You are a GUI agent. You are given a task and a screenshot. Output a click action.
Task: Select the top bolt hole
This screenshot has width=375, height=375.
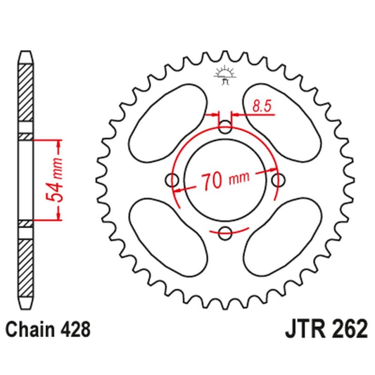[226, 127]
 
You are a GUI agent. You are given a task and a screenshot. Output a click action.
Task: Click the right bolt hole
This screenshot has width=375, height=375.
[279, 179]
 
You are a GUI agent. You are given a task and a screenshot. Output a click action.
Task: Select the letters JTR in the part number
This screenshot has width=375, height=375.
[305, 330]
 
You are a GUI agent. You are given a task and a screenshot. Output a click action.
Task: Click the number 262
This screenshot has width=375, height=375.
[348, 330]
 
